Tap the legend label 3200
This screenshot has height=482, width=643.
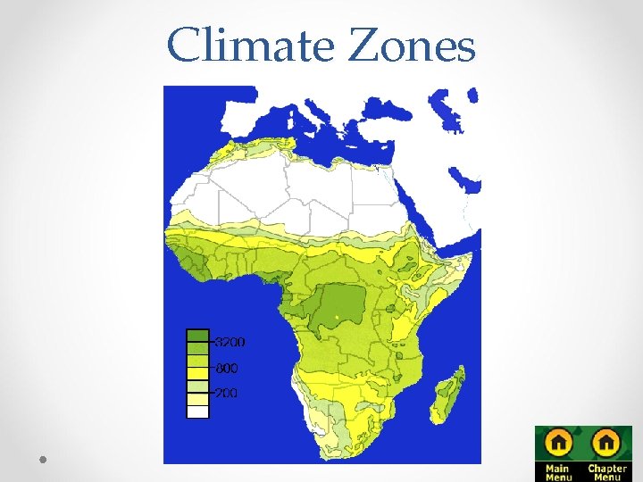pos(230,342)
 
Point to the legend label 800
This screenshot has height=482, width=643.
pos(226,368)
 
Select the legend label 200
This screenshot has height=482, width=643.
pos(226,393)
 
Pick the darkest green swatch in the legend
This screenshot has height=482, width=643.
pos(197,337)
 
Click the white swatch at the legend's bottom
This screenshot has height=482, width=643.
pos(197,411)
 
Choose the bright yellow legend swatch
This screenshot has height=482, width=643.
pos(197,374)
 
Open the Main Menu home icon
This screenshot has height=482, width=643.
pos(559,443)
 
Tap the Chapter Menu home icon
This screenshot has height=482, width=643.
pos(606,443)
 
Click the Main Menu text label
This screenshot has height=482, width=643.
pos(558,471)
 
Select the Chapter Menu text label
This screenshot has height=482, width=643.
pos(607,471)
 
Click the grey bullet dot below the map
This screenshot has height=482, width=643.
pos(43,458)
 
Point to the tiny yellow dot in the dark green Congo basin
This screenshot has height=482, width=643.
pos(336,317)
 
